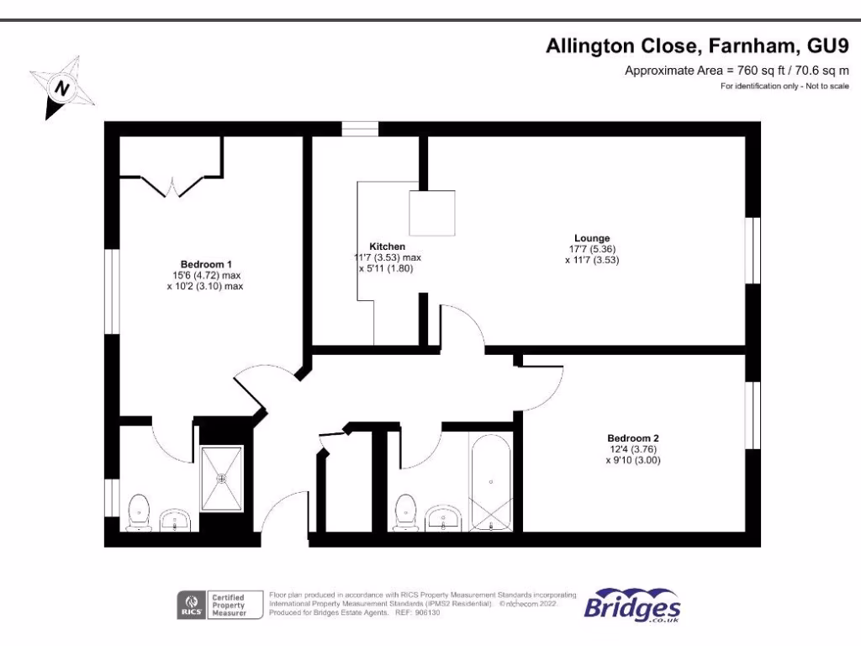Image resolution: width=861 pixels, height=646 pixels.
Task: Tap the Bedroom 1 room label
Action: (206, 263)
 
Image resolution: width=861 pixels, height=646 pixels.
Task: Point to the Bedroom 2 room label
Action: (633, 438)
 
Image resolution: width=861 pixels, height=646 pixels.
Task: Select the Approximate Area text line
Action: (737, 71)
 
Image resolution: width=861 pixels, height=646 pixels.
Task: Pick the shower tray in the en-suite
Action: (223, 478)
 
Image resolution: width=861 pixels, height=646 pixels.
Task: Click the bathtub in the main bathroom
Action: (490, 483)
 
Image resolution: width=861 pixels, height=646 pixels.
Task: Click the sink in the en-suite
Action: (177, 519)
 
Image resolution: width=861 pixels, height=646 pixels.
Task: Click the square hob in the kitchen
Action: (432, 214)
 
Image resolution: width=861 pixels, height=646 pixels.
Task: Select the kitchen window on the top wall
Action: (359, 129)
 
